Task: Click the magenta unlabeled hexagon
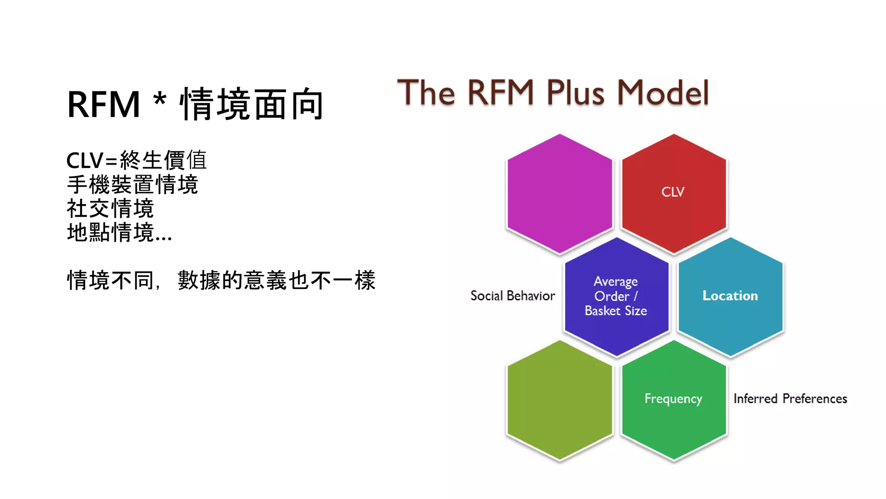click(x=559, y=193)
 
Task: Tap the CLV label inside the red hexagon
click(x=673, y=192)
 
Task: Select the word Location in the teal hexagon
click(x=730, y=296)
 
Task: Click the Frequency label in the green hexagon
click(x=673, y=399)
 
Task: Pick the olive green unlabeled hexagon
click(x=559, y=400)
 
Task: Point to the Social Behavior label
click(x=512, y=296)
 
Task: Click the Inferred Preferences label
click(x=790, y=399)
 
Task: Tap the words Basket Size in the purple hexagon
click(x=616, y=311)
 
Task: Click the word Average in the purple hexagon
click(x=616, y=282)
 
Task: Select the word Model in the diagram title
click(x=663, y=93)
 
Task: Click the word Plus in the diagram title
click(x=575, y=93)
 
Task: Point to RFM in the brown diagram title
click(x=501, y=93)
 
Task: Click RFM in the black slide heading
click(x=104, y=104)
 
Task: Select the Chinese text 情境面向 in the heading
click(x=252, y=104)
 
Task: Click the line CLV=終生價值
click(x=136, y=160)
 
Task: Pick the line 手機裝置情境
click(x=132, y=185)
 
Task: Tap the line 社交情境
click(x=110, y=209)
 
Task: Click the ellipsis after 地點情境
click(x=164, y=238)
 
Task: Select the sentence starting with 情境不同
click(x=221, y=280)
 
